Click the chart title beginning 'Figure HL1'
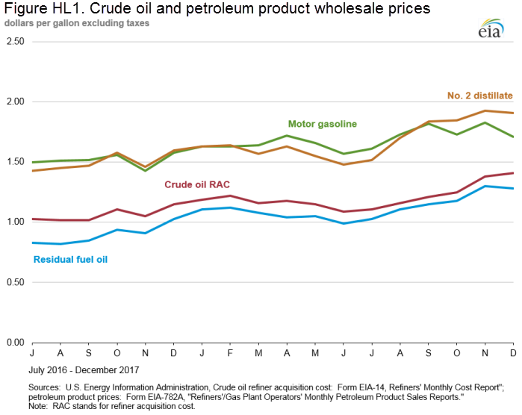point(216,9)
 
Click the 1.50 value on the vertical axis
point(13,162)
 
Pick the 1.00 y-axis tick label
point(13,222)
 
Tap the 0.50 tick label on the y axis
point(13,283)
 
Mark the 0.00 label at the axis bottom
point(13,343)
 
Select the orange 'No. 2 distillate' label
point(479,96)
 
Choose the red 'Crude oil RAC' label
point(196,183)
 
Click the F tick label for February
point(230,352)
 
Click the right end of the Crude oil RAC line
point(512,173)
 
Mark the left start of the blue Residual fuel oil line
point(33,243)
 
